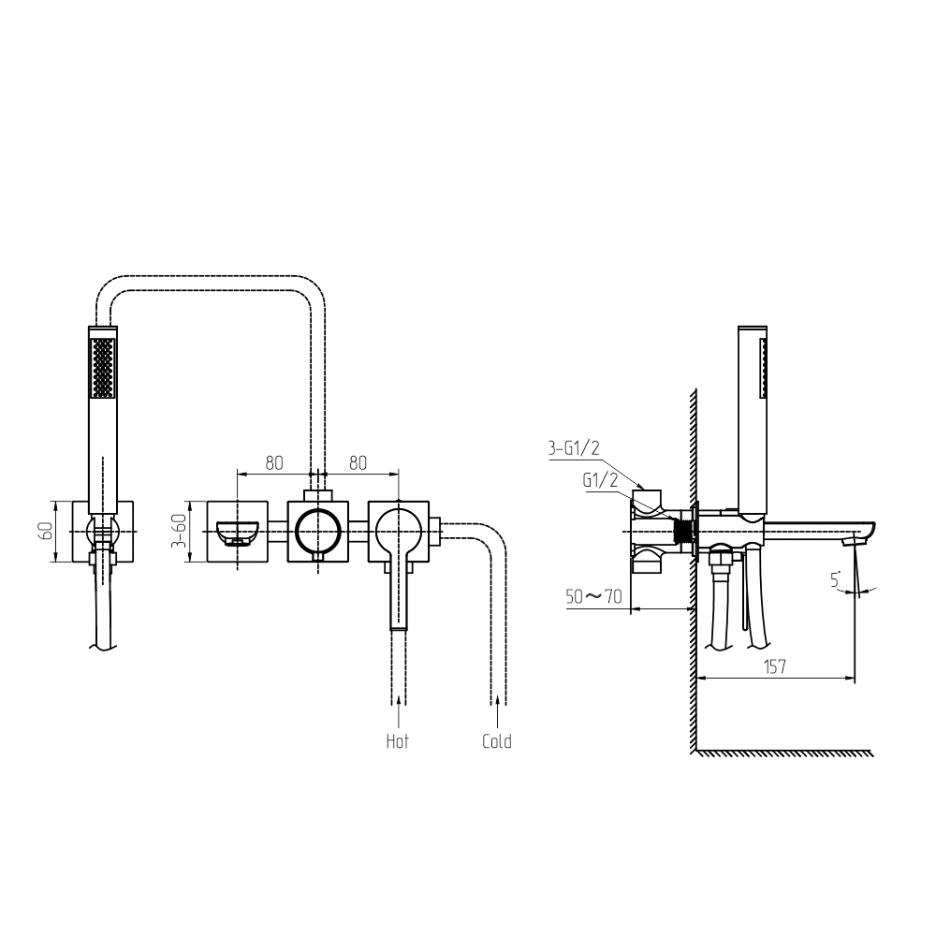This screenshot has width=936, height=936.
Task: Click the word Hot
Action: (398, 741)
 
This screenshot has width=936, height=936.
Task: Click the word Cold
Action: (497, 741)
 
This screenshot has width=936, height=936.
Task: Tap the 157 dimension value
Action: (775, 666)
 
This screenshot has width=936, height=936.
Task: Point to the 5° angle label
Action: (836, 579)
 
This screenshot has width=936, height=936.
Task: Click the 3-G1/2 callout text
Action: (574, 447)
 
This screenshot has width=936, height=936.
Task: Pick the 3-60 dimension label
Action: (179, 532)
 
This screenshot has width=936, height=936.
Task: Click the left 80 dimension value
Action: (274, 462)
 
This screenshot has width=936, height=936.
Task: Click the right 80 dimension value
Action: (358, 462)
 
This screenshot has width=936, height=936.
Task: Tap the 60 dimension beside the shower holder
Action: (45, 531)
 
